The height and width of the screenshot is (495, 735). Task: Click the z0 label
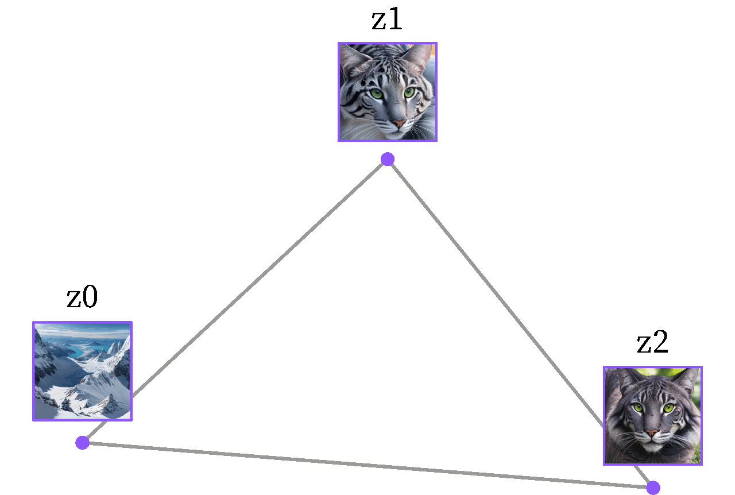(x=82, y=296)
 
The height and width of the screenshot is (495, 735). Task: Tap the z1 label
(x=387, y=19)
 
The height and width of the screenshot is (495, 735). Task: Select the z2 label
(x=652, y=342)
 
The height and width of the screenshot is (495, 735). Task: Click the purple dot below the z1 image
(x=388, y=159)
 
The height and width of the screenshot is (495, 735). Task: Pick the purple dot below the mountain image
(x=82, y=443)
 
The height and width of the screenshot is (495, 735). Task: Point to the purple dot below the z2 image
(x=653, y=488)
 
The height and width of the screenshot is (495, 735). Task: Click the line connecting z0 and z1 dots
(x=235, y=301)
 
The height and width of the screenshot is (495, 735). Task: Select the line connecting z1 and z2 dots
(x=520, y=323)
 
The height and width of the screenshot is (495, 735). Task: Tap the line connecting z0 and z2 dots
(x=367, y=465)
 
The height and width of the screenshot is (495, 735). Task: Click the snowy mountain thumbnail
(x=82, y=371)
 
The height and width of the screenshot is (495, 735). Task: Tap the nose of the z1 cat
(x=399, y=123)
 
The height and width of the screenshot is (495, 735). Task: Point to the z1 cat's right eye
(x=409, y=92)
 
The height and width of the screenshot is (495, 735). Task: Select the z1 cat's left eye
(x=377, y=94)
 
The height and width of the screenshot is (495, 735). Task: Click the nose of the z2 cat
(x=652, y=432)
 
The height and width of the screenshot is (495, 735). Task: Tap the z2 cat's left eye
(x=639, y=408)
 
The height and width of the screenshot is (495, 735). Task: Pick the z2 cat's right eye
(x=668, y=408)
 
